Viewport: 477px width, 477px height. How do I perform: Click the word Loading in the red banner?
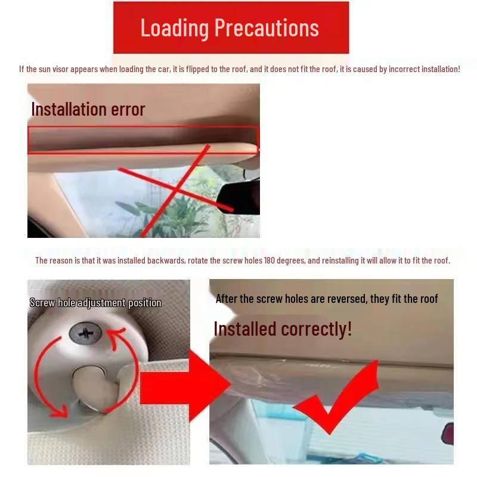pyautogui.click(x=174, y=28)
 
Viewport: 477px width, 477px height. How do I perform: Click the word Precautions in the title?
pyautogui.click(x=266, y=28)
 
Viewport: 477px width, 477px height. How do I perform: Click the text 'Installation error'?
pyautogui.click(x=88, y=110)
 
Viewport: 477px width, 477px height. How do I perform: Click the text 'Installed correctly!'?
pyautogui.click(x=283, y=329)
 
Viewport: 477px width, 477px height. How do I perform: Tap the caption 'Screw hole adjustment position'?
pyautogui.click(x=95, y=303)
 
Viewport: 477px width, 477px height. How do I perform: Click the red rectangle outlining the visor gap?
pyautogui.click(x=143, y=140)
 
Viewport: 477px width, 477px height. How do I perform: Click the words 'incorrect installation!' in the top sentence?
pyautogui.click(x=424, y=69)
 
